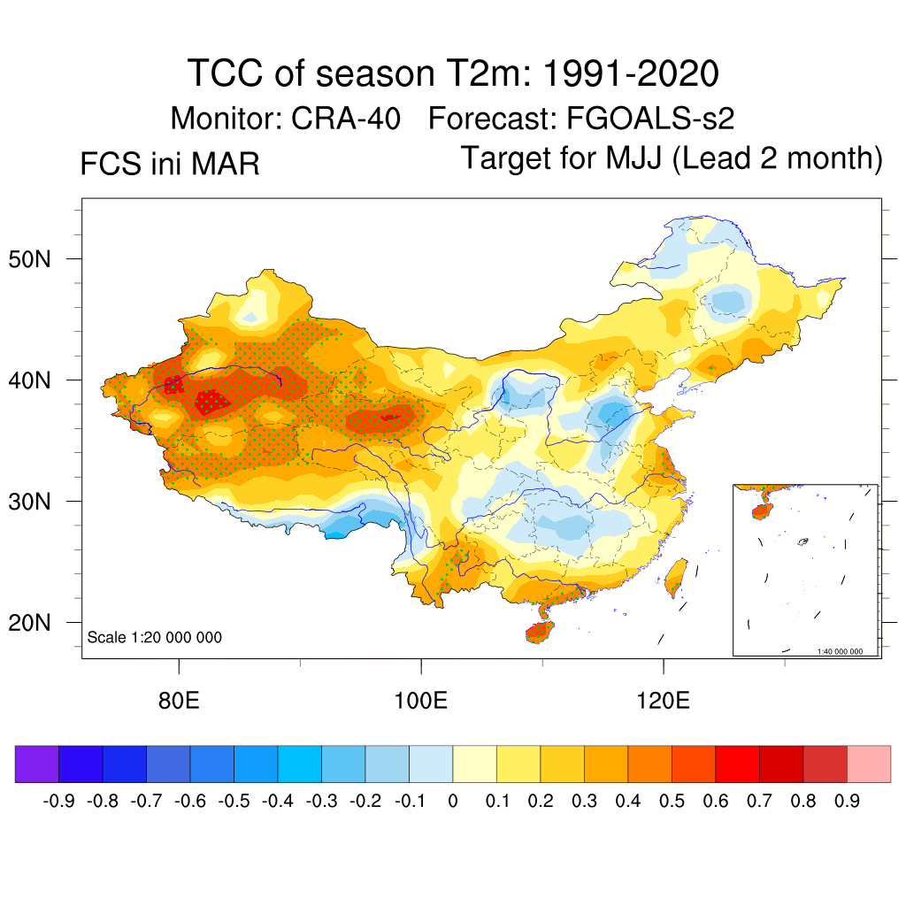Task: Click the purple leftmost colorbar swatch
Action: (36, 764)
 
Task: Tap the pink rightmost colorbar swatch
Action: (869, 764)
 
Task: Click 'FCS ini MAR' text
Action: (169, 165)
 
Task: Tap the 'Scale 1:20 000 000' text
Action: (155, 638)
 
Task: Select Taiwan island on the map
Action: (676, 576)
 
